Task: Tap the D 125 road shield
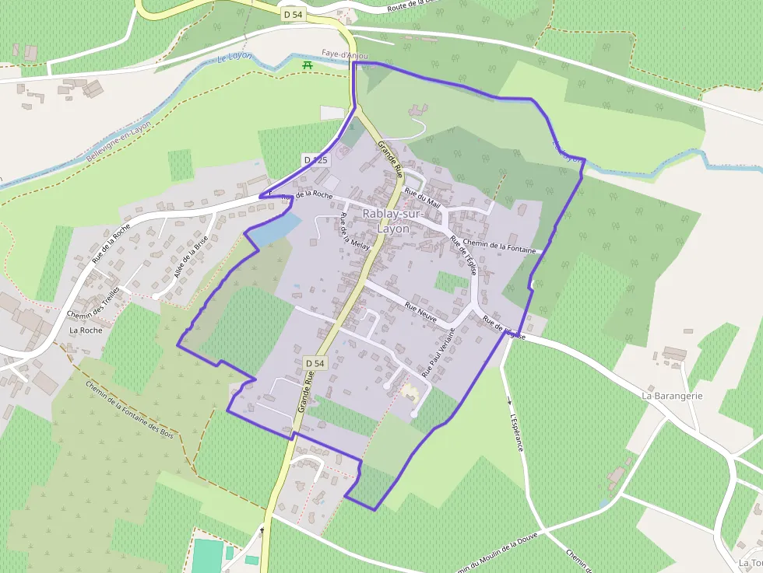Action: pyautogui.click(x=317, y=159)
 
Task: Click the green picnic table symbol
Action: pyautogui.click(x=308, y=65)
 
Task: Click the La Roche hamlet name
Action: pyautogui.click(x=86, y=330)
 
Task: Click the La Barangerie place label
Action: pyautogui.click(x=673, y=395)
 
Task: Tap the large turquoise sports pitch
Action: pyautogui.click(x=207, y=555)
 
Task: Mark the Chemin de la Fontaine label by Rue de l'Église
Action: pyautogui.click(x=499, y=246)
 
